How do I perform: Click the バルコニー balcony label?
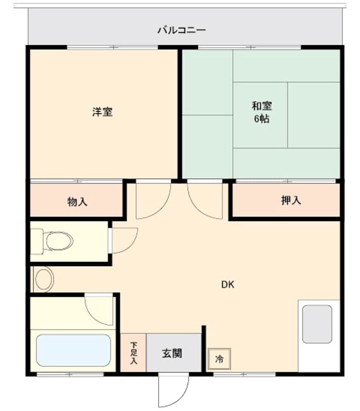[x=181, y=30]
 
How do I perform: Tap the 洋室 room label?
[x=102, y=111]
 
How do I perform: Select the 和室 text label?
[x=261, y=106]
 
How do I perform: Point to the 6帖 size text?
[x=261, y=119]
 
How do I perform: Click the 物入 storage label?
[x=77, y=201]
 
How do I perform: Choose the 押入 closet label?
[x=291, y=200]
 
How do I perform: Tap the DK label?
[x=228, y=284]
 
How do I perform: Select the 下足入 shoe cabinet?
[x=133, y=353]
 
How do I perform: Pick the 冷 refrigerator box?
[x=220, y=359]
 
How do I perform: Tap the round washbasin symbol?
[x=44, y=279]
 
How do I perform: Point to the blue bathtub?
[x=74, y=350]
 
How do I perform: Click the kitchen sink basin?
[x=317, y=324]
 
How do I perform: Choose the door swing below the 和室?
[x=206, y=200]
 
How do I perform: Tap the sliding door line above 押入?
[x=286, y=181]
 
